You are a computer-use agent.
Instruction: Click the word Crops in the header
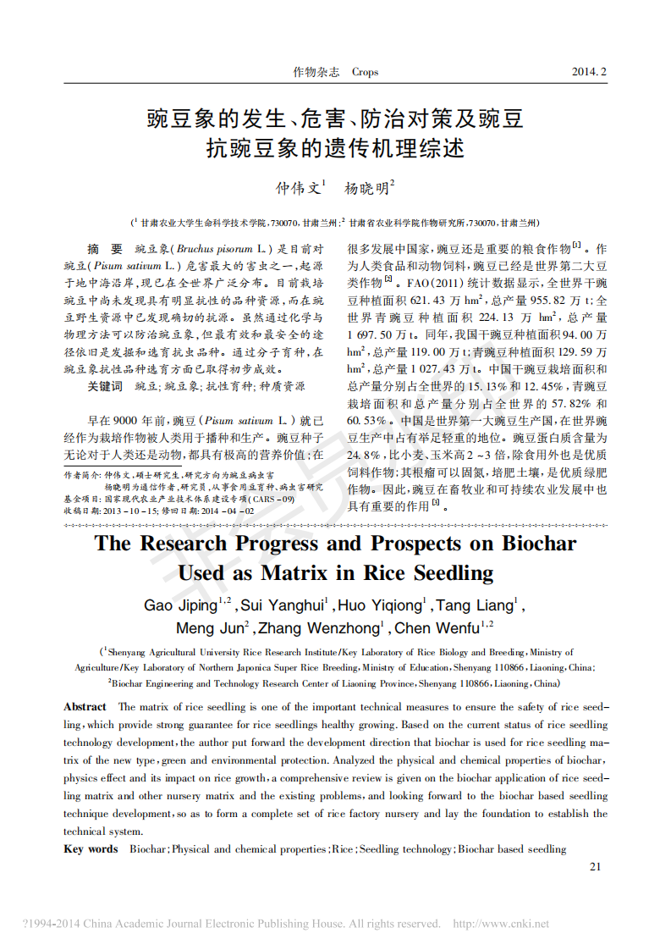click(x=365, y=72)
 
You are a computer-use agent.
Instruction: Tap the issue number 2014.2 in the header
click(x=590, y=72)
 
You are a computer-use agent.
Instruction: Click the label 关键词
click(x=105, y=386)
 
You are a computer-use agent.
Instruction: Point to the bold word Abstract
click(x=85, y=706)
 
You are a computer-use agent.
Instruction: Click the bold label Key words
click(x=91, y=849)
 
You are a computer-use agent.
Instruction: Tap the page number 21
click(x=594, y=866)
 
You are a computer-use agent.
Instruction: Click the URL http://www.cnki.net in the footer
click(x=502, y=924)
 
